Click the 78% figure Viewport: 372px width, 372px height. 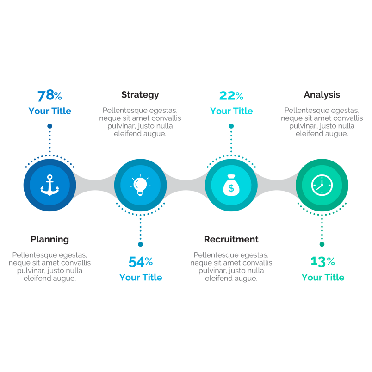tap(50, 95)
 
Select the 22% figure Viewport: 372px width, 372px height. tap(231, 96)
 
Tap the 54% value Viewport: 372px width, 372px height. tap(141, 262)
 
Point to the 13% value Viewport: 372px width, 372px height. tap(322, 261)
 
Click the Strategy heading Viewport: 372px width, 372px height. tap(140, 95)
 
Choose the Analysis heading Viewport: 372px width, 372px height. tap(322, 95)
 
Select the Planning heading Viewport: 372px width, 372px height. tap(50, 239)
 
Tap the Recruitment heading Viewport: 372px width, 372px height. tap(231, 239)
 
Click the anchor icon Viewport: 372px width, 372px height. tap(50, 185)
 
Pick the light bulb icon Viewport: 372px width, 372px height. tap(140, 185)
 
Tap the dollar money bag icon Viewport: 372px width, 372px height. tap(231, 185)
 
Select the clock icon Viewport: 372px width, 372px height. tap(322, 185)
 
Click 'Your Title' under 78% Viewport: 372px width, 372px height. tap(50, 111)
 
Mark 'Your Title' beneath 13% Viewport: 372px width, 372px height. tap(322, 277)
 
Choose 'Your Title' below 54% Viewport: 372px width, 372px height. tap(141, 277)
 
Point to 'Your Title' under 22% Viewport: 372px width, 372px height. tap(231, 111)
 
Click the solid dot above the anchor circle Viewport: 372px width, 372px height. tap(50, 126)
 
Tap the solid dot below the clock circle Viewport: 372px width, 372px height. tap(322, 244)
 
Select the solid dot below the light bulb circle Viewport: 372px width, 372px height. tap(141, 244)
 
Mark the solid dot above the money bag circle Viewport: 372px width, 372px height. tap(231, 126)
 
